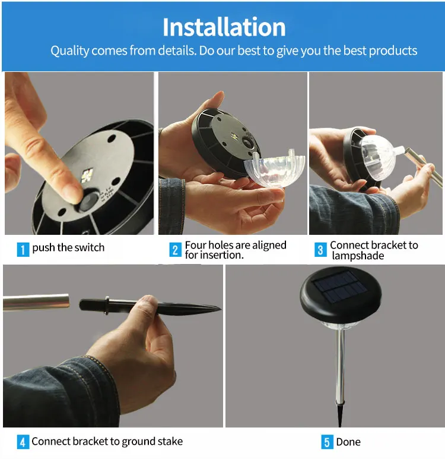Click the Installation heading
coord(224,27)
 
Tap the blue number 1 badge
coord(23,249)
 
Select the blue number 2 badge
coord(175,250)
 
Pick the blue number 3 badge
coord(320,250)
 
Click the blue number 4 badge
coord(23,442)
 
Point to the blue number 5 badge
coord(328,442)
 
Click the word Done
coord(348,442)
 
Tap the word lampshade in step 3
coord(358,256)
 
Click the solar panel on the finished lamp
coord(340,287)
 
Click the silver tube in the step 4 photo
coord(36,302)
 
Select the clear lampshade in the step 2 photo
coord(274,169)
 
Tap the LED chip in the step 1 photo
coord(87,175)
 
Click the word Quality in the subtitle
coord(70,51)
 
